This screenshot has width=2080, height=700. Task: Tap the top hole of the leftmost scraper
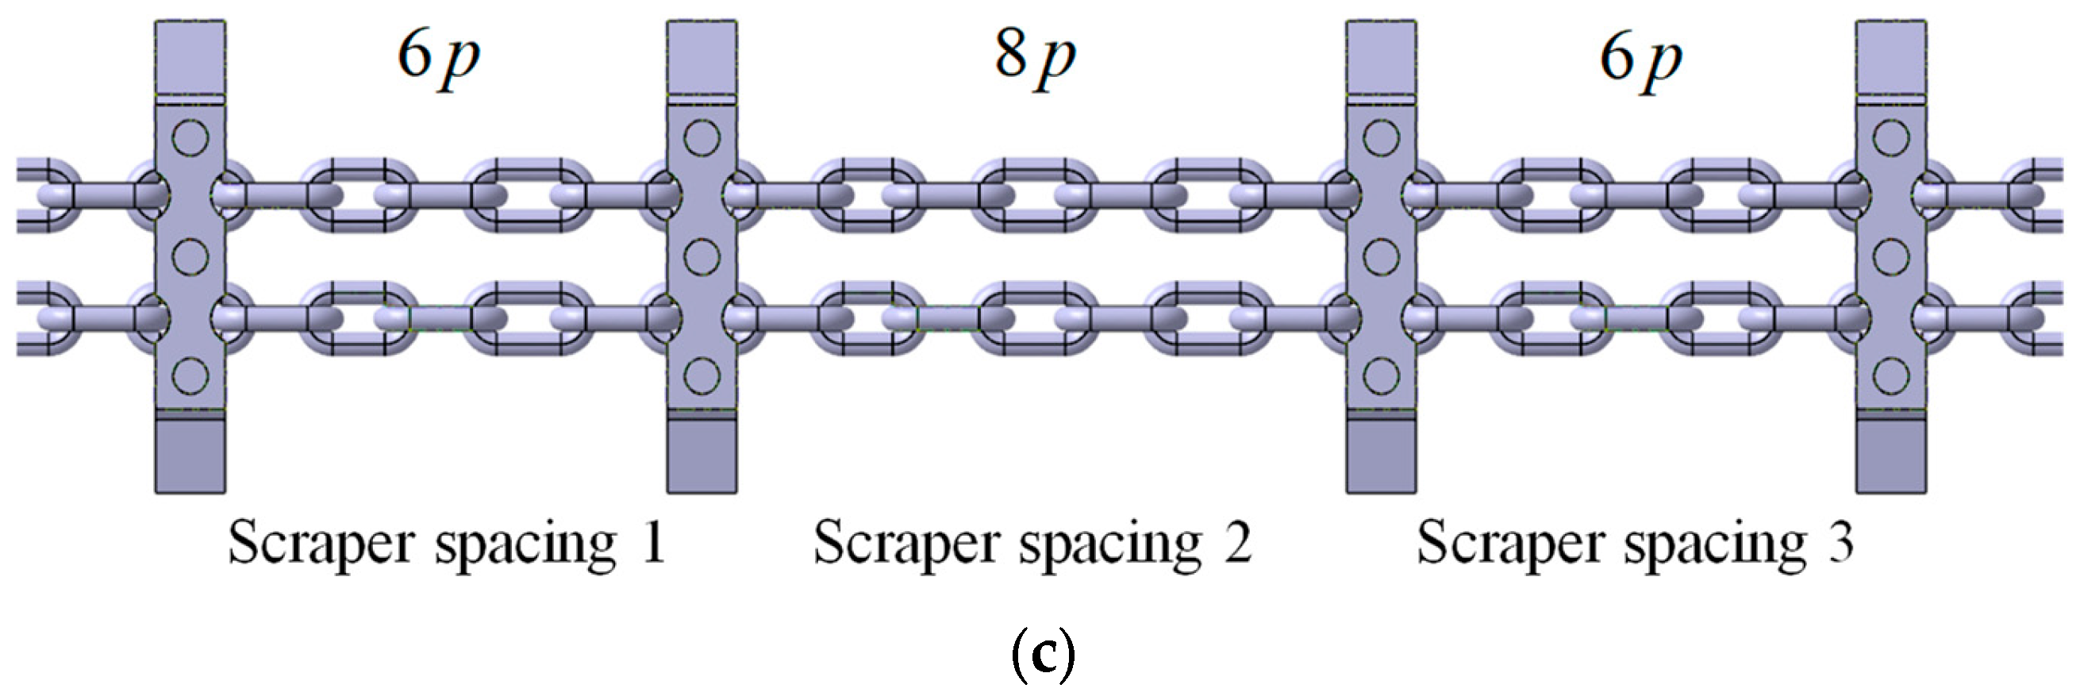tap(190, 138)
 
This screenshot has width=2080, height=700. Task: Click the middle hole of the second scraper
tap(701, 257)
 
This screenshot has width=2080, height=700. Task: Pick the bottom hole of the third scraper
tap(1381, 375)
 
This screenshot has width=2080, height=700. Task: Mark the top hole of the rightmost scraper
tap(1891, 138)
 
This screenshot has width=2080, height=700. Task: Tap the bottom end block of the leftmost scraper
tap(190, 455)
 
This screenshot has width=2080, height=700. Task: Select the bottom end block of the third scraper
tap(1381, 455)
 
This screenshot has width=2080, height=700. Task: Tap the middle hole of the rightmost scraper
tap(1891, 257)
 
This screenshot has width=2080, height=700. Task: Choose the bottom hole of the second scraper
tap(701, 375)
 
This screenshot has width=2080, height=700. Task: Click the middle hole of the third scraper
tap(1381, 257)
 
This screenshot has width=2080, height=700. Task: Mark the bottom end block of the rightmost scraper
tap(1891, 455)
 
